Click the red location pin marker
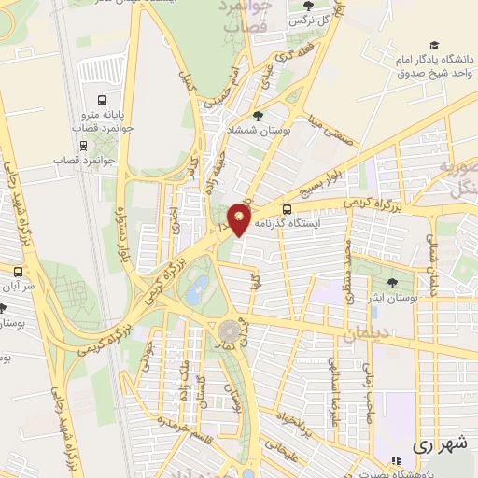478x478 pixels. pos(240,219)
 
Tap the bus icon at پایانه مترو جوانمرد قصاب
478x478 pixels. pos(102,100)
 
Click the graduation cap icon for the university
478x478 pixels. pos(433,45)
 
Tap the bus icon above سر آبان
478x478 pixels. pos(17,271)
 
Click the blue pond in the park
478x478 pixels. pos(197,290)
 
